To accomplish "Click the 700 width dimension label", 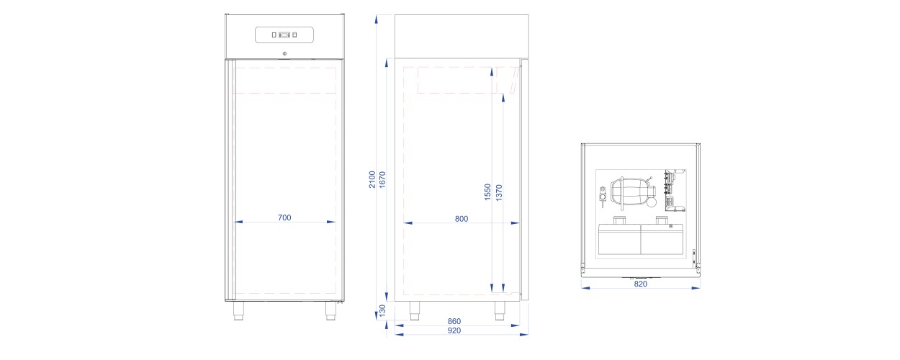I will [284, 217].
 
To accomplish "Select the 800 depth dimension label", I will [462, 218].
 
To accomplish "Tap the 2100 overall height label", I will [372, 179].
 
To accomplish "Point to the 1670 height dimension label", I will [382, 179].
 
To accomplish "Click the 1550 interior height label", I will [488, 192].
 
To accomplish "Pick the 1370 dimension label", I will [499, 192].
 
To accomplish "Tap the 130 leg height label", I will [382, 310].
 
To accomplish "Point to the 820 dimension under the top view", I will [641, 284].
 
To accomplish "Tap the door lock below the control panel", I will [284, 54].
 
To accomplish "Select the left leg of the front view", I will [238, 310].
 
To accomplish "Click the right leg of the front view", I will [331, 310].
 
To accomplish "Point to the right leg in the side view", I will [500, 310].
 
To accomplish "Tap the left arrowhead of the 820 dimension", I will [585, 287].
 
